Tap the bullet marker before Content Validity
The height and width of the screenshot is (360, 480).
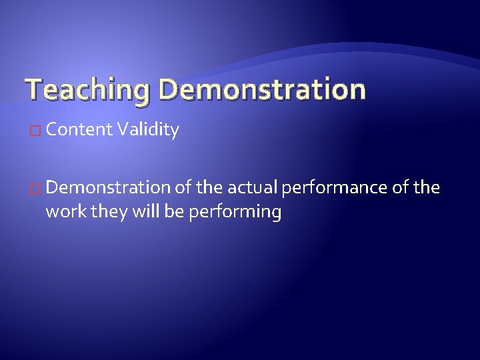(37, 131)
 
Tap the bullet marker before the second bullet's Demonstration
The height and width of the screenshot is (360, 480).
(37, 189)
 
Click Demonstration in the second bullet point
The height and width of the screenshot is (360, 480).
(109, 188)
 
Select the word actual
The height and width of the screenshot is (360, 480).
(253, 188)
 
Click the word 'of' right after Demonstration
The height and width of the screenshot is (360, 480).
(183, 188)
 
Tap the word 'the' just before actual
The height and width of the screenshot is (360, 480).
(211, 188)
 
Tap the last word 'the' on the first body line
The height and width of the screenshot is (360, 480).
(427, 188)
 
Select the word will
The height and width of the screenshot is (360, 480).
(134, 212)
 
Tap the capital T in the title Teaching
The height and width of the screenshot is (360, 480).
(32, 89)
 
